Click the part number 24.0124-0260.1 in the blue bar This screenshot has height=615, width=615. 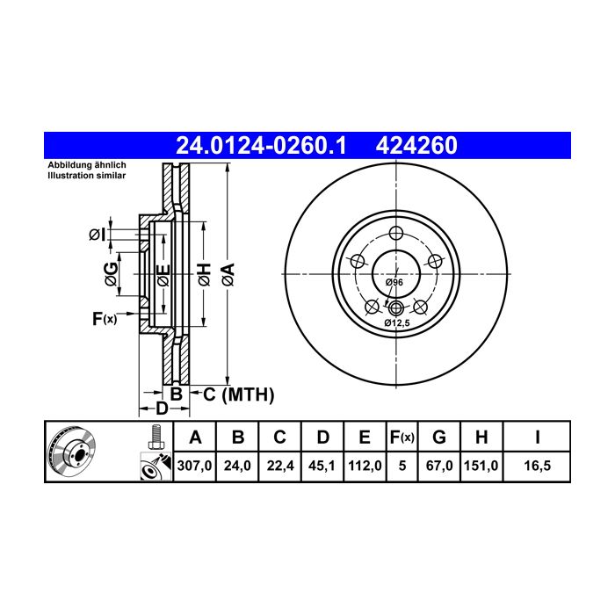tap(261, 146)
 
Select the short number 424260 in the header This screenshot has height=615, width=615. tap(416, 146)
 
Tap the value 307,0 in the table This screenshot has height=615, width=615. tap(194, 466)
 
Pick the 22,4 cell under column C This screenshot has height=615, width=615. tap(279, 466)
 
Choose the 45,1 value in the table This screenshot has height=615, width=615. tap(322, 466)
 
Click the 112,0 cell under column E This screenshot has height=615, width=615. tap(365, 466)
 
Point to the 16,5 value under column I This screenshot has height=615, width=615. tap(538, 466)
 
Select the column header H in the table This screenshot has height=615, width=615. tap(481, 437)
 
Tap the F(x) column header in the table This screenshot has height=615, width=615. tap(402, 437)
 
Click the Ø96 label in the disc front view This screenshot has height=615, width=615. tap(394, 282)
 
